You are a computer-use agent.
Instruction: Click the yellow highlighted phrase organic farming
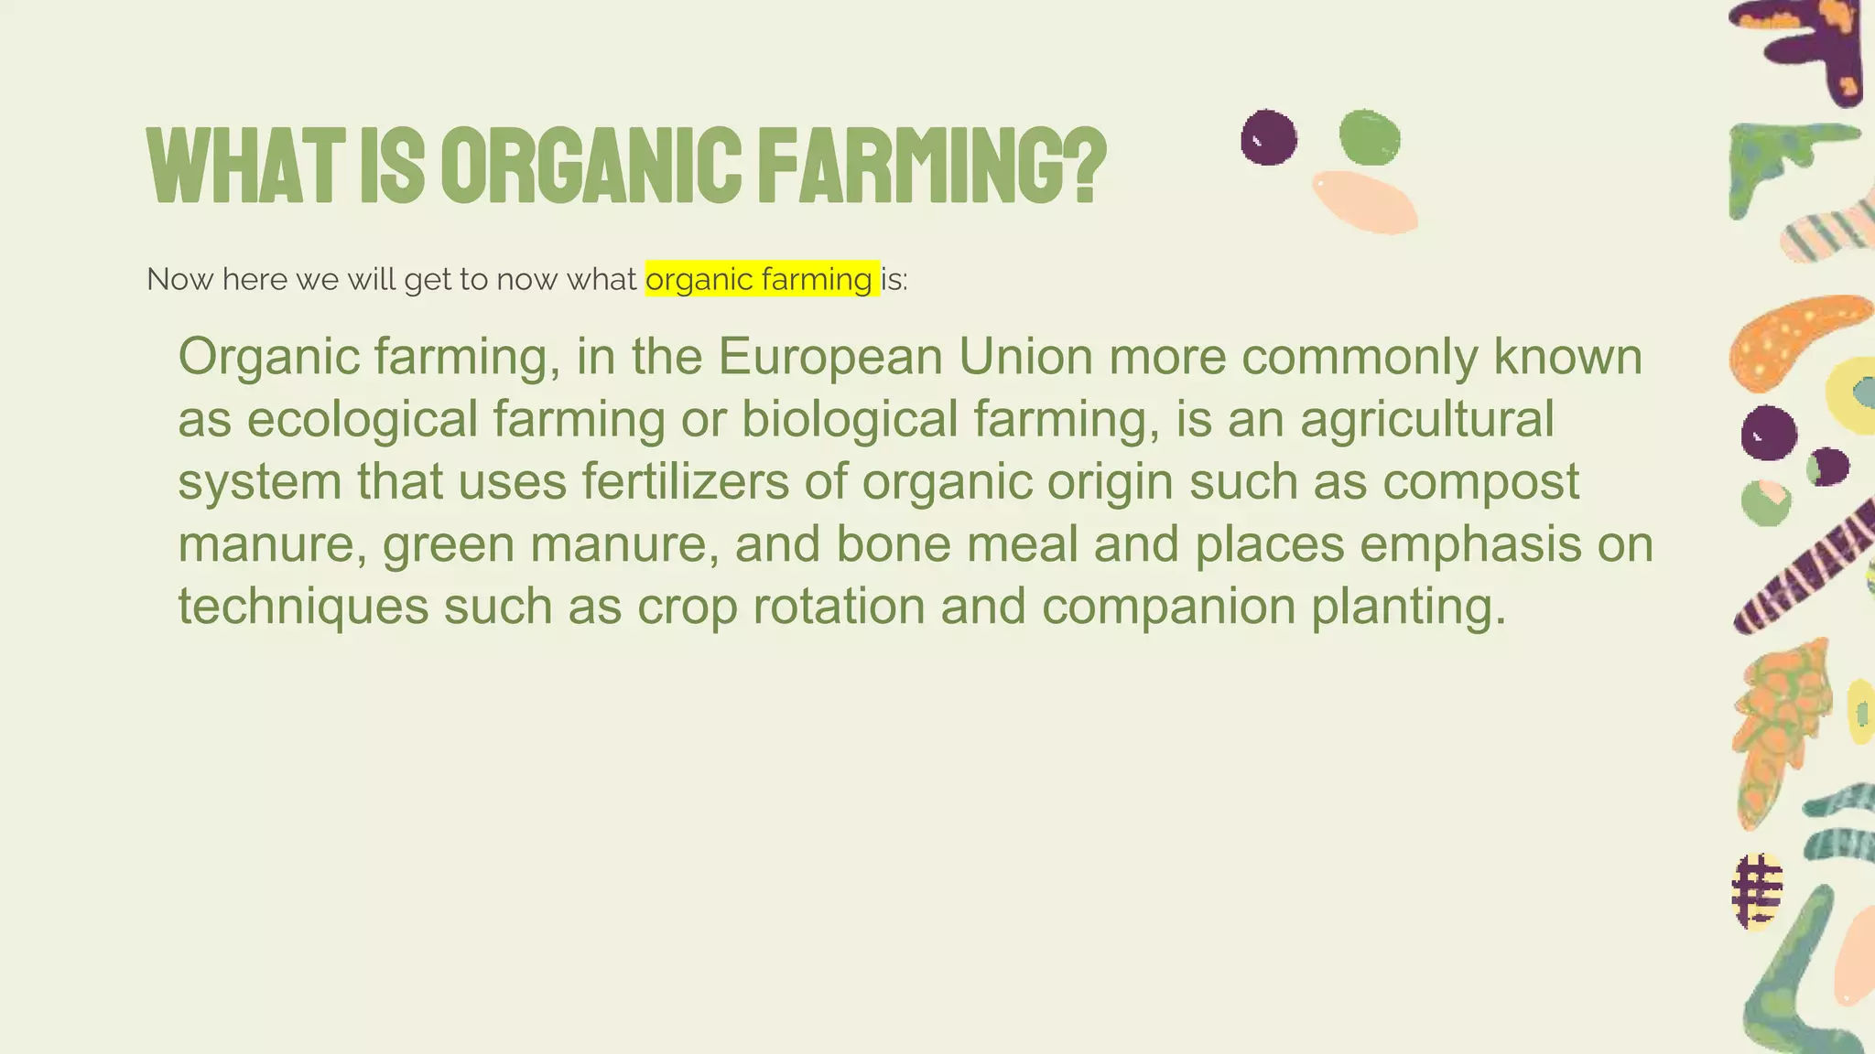pyautogui.click(x=760, y=279)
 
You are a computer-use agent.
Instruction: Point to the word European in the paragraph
pyautogui.click(x=830, y=357)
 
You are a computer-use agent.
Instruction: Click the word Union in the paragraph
pyautogui.click(x=1025, y=357)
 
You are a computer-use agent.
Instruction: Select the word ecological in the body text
pyautogui.click(x=363, y=420)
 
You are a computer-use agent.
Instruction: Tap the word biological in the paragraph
pyautogui.click(x=850, y=420)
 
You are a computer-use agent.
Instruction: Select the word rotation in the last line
pyautogui.click(x=839, y=607)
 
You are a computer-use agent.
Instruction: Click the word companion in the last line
pyautogui.click(x=1168, y=607)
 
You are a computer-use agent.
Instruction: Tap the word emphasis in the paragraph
pyautogui.click(x=1470, y=544)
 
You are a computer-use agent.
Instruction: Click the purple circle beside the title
pyautogui.click(x=1269, y=137)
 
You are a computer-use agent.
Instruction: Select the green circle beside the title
pyautogui.click(x=1370, y=137)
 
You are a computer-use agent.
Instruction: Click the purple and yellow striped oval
pyautogui.click(x=1757, y=892)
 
